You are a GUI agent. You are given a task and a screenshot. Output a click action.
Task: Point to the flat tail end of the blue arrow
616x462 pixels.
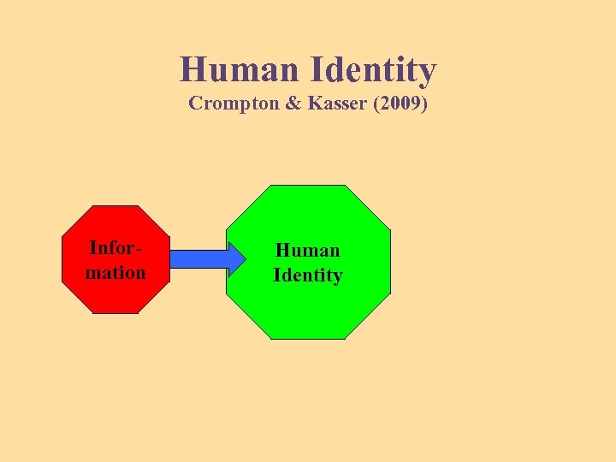173,258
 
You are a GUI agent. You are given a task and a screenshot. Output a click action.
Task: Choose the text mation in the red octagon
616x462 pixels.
115,273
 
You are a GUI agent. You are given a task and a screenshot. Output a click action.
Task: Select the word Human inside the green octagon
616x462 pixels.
307,250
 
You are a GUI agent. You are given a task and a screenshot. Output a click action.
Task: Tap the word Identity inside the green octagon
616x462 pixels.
307,275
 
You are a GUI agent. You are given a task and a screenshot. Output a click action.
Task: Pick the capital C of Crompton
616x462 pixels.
195,104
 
